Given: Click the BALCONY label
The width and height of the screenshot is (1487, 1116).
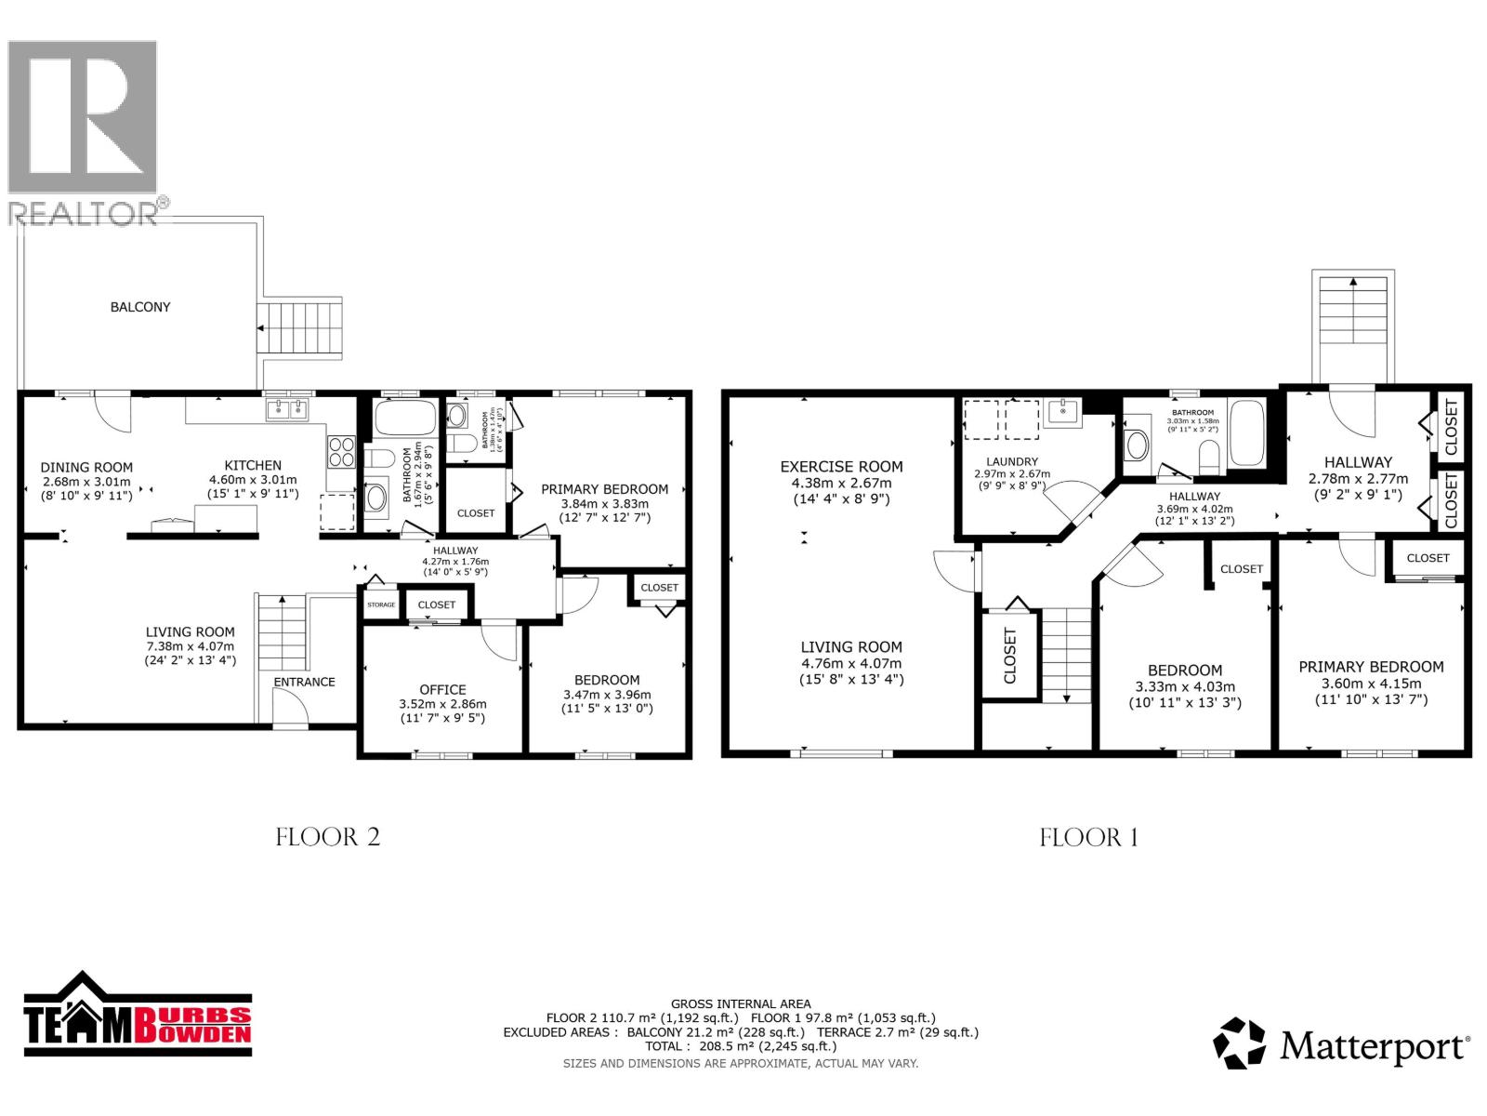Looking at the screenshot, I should (x=140, y=307).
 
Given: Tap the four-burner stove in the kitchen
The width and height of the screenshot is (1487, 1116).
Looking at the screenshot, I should (x=341, y=451).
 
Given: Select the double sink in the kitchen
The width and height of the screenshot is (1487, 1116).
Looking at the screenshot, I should (x=287, y=408).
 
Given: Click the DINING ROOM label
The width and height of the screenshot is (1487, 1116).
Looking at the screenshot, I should (x=86, y=468).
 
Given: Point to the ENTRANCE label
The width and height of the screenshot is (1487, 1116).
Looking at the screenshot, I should (x=304, y=682).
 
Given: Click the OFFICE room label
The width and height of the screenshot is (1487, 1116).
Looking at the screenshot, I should (x=442, y=689).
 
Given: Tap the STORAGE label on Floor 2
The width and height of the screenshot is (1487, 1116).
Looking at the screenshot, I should (x=381, y=604).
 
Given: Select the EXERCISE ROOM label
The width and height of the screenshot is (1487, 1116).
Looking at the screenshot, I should (x=841, y=467).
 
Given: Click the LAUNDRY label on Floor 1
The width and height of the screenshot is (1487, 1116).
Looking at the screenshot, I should (x=1012, y=461).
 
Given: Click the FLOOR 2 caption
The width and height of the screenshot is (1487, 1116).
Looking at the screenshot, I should (x=328, y=837).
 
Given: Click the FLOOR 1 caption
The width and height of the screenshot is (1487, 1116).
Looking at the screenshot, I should (x=1088, y=837).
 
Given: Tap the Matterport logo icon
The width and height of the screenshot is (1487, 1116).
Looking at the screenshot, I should (x=1240, y=1043).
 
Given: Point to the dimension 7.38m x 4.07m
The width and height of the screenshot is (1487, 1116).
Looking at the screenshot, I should (x=190, y=646).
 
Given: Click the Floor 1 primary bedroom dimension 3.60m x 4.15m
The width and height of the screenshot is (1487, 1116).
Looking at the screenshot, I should (x=1371, y=684).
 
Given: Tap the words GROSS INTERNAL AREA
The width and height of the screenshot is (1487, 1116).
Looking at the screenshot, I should (x=741, y=1003).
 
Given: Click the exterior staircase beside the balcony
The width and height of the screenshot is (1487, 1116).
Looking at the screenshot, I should (x=299, y=327).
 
